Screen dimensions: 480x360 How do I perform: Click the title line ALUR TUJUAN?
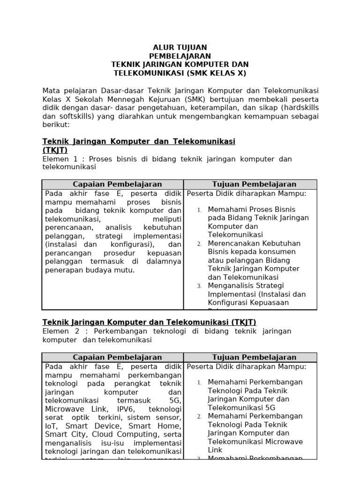180,47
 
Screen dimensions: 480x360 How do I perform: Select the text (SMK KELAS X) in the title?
216,73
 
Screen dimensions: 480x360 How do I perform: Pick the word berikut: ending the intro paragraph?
56,125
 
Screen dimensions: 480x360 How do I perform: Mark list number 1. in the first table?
199,210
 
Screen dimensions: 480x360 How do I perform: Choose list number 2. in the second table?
199,416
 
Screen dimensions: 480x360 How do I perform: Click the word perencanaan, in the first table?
66,227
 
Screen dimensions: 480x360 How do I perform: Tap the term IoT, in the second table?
52,426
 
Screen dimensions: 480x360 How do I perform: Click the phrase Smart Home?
158,426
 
